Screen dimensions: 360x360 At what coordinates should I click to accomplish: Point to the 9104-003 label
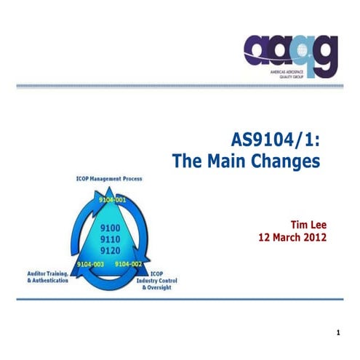click(90, 264)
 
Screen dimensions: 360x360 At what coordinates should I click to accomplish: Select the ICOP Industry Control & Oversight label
click(156, 281)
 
